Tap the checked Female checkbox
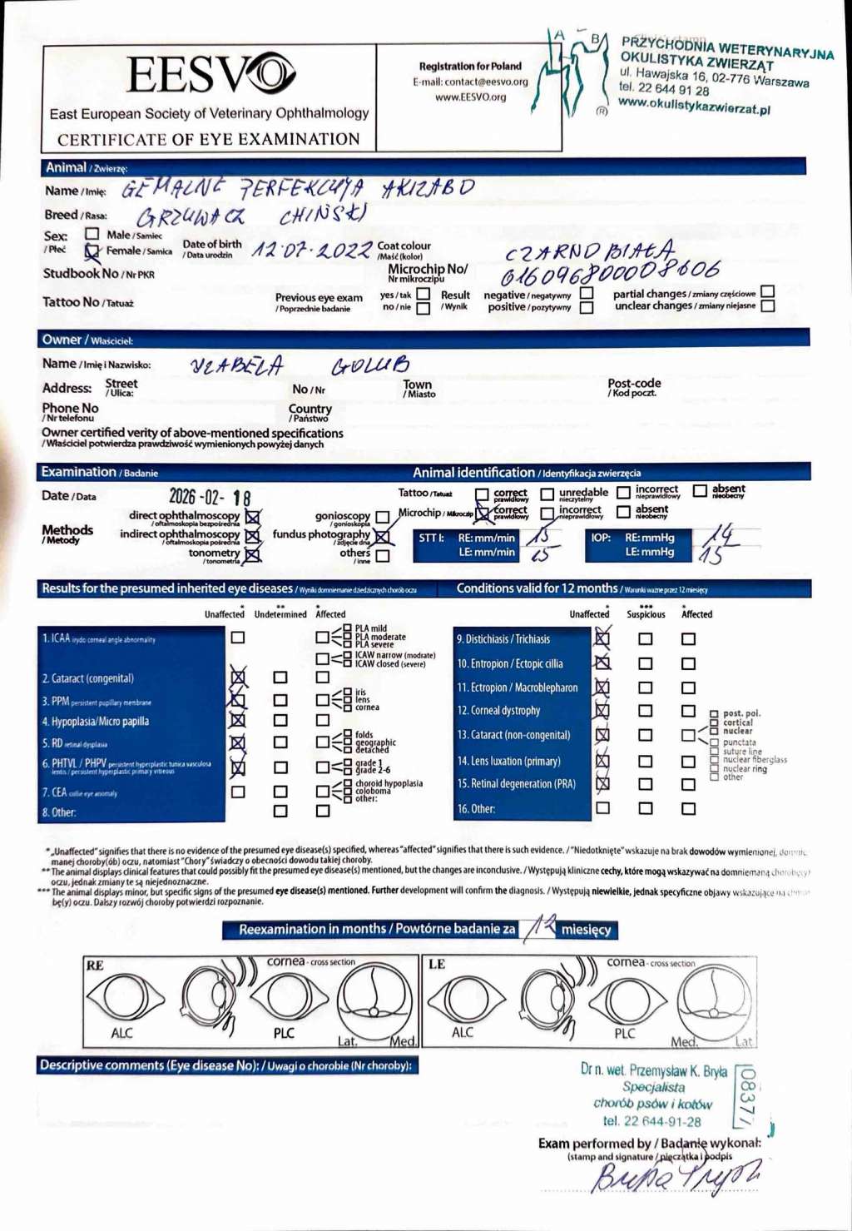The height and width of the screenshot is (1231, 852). pos(92,251)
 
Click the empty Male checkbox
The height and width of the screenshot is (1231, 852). pos(92,234)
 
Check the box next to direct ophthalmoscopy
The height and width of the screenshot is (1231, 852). pos(253,517)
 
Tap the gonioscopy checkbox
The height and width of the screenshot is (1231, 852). pos(382,517)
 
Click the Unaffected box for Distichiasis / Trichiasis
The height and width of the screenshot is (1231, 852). pos(602,639)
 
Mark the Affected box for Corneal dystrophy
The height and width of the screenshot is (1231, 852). pos(688,711)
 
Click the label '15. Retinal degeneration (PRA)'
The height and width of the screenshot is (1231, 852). pos(517,784)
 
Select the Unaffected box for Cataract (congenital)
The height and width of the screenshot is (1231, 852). pos(238,678)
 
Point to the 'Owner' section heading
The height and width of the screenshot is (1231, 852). pos(62,340)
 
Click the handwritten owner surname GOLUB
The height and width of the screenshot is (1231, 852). pos(371,365)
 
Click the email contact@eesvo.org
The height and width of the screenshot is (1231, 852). pos(470,82)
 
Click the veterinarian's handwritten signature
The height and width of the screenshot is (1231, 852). pos(674,1175)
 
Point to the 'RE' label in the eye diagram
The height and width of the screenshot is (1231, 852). pos(95,965)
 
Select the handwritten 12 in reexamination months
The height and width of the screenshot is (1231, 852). pos(540,926)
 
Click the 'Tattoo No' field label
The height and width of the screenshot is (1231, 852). pos(71,302)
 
